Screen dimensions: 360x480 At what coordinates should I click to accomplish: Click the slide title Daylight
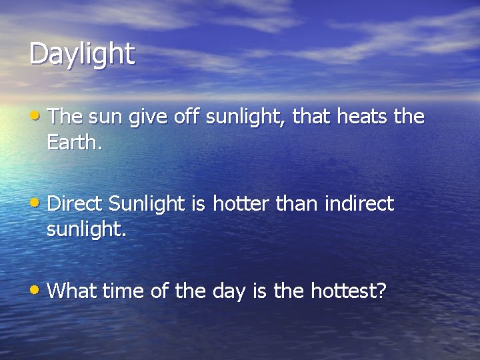point(82,54)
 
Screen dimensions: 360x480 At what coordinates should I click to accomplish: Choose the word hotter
point(240,203)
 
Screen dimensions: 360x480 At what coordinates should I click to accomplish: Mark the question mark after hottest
point(381,290)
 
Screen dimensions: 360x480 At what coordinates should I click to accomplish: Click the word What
point(71,290)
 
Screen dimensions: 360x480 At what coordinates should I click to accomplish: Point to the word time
point(121,290)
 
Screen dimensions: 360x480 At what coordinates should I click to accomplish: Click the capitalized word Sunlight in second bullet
point(148,203)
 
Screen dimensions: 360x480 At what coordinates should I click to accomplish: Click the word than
point(298,203)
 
